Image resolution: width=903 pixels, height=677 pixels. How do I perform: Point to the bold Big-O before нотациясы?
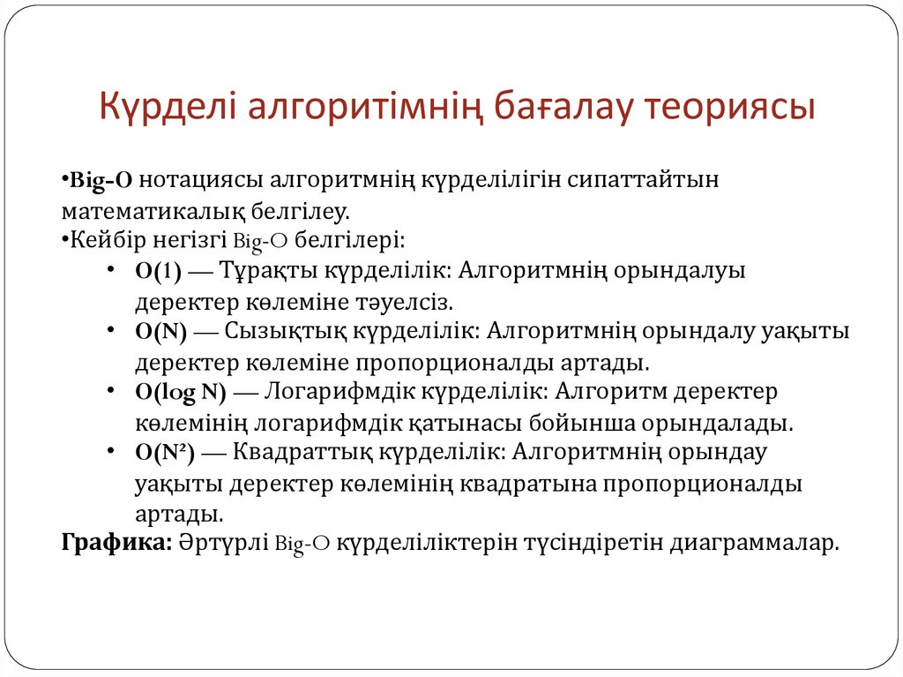pos(101,180)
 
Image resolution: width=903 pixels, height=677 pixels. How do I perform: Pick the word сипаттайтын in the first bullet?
pos(652,180)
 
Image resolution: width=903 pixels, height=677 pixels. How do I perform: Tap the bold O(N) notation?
pos(160,333)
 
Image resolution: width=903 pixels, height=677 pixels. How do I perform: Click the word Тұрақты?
pos(264,272)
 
